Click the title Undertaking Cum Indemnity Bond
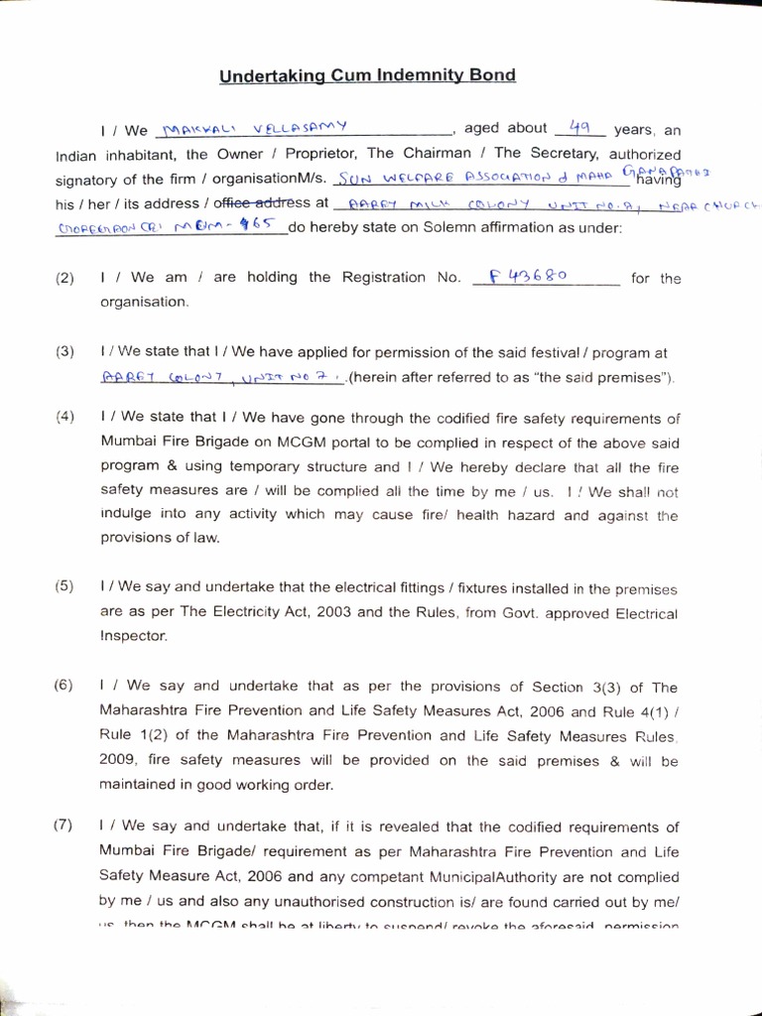click(x=366, y=75)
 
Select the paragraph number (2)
click(x=64, y=279)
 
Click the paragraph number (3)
click(x=64, y=352)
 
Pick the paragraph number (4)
click(x=64, y=418)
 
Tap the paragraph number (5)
click(x=64, y=586)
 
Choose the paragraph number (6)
click(x=64, y=686)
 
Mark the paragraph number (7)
click(x=64, y=826)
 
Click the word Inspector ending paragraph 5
click(x=134, y=636)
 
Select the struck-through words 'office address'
click(x=272, y=202)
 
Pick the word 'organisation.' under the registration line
click(x=143, y=302)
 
